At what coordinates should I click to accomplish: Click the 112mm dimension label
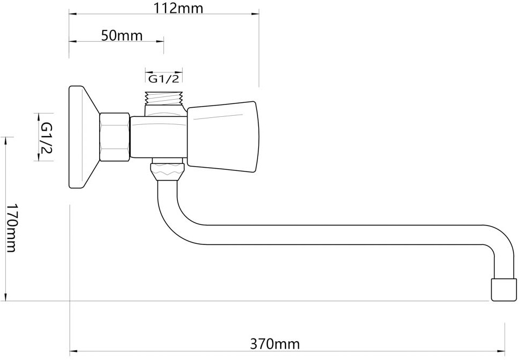coord(178,8)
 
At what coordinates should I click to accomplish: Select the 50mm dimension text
coord(122,35)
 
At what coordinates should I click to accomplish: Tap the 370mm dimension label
coord(275,344)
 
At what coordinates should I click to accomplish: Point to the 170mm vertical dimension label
coord(12,228)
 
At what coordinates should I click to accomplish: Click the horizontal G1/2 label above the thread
coord(163,79)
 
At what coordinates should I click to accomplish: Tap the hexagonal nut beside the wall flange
coord(114,137)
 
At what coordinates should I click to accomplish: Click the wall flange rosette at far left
coord(82,138)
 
